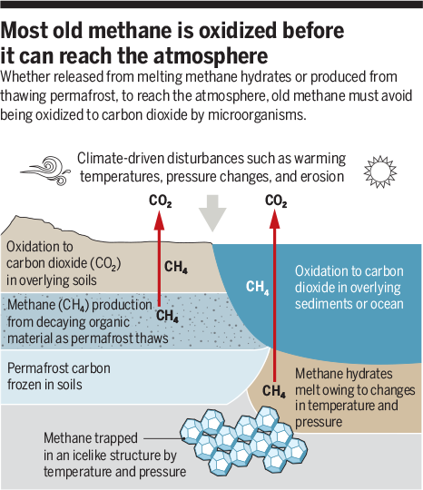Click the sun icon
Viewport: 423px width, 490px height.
point(380,171)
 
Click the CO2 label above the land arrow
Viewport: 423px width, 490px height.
point(160,201)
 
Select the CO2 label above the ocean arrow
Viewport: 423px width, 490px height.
point(276,201)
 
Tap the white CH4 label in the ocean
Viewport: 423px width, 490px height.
point(257,287)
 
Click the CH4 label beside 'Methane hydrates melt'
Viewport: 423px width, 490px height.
point(274,391)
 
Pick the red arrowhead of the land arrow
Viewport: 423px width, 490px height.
point(159,220)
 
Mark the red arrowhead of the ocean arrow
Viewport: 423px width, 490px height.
point(275,219)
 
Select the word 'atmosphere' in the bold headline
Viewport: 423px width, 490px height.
point(211,55)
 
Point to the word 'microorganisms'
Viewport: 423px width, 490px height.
point(257,115)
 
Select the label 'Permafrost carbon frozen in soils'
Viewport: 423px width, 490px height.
point(59,377)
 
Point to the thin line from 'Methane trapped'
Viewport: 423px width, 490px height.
point(163,438)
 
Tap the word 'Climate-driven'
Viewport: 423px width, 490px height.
point(121,159)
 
